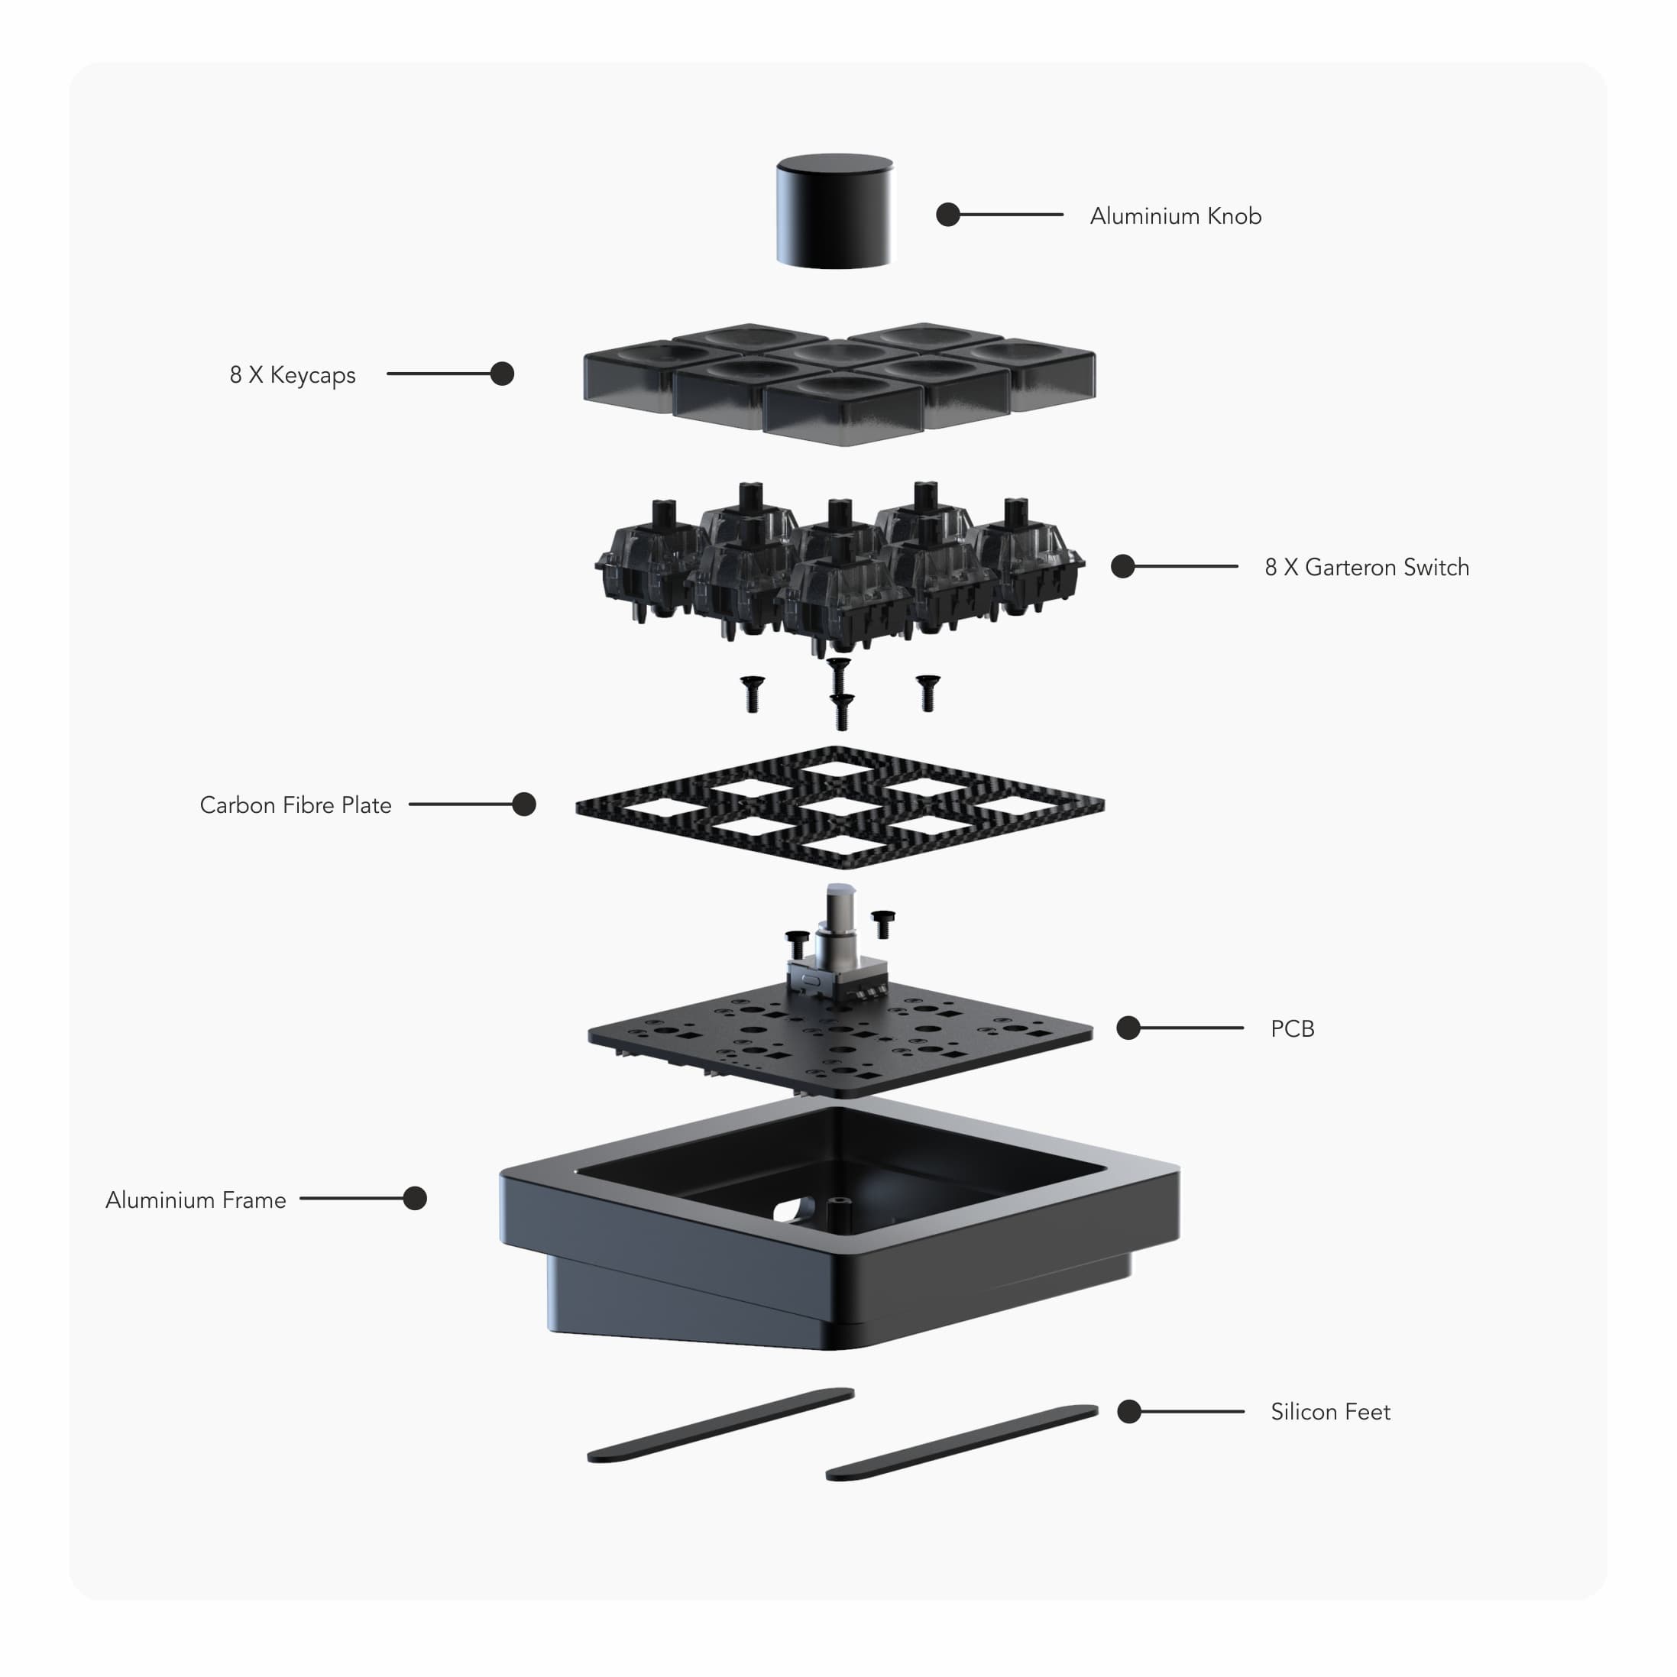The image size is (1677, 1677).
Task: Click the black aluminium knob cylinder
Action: tap(834, 212)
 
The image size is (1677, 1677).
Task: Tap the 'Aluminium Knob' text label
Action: tap(1175, 216)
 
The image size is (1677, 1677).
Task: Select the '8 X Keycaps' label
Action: tap(293, 375)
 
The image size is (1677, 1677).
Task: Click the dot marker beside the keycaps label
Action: tap(502, 374)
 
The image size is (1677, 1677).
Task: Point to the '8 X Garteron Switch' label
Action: tap(1366, 568)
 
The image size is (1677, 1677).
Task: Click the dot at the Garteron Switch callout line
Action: tap(1122, 567)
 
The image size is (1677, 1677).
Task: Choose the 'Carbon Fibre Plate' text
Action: tap(295, 805)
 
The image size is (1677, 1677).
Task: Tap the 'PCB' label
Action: tap(1292, 1029)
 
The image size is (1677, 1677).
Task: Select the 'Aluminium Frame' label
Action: tap(196, 1200)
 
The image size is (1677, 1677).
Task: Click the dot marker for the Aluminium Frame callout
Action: tap(415, 1199)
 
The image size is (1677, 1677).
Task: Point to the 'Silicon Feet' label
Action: tap(1330, 1412)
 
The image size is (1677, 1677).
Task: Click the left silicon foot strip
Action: tap(720, 1426)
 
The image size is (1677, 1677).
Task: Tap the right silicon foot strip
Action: tap(962, 1442)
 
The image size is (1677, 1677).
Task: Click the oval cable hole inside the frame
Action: tap(791, 1210)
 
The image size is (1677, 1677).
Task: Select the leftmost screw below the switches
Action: tap(751, 694)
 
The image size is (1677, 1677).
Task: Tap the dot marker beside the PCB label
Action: tap(1128, 1028)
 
